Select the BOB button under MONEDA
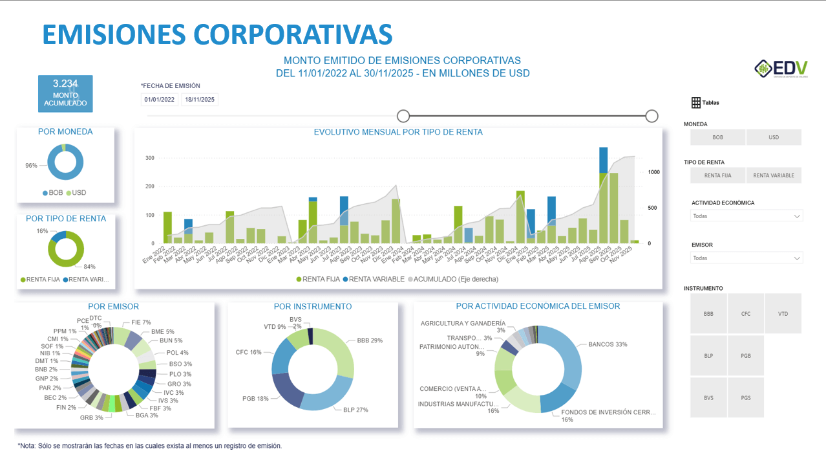pyautogui.click(x=717, y=137)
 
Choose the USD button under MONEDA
pyautogui.click(x=774, y=137)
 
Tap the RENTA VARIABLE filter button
pyautogui.click(x=774, y=175)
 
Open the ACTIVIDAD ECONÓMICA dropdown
pyautogui.click(x=747, y=216)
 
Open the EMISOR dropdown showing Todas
pyautogui.click(x=747, y=258)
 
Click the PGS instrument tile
pyautogui.click(x=746, y=398)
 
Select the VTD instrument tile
pyautogui.click(x=783, y=314)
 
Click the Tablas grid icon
pyautogui.click(x=696, y=102)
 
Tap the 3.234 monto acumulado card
pyautogui.click(x=65, y=94)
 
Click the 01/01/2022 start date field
pyautogui.click(x=159, y=100)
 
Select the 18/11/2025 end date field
pyautogui.click(x=200, y=100)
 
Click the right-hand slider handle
pyautogui.click(x=651, y=116)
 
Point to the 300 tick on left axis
pyautogui.click(x=149, y=158)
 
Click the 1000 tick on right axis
pyautogui.click(x=653, y=172)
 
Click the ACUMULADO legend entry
pyautogui.click(x=452, y=279)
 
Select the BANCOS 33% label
pyautogui.click(x=607, y=344)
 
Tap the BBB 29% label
pyautogui.click(x=370, y=340)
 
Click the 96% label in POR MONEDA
pyautogui.click(x=31, y=166)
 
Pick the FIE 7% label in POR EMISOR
pyautogui.click(x=141, y=322)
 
